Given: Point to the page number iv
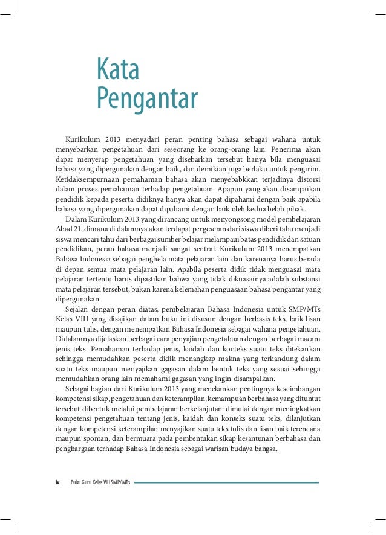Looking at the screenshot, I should click(x=57, y=482).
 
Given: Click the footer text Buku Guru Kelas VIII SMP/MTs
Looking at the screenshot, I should click(x=100, y=482).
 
